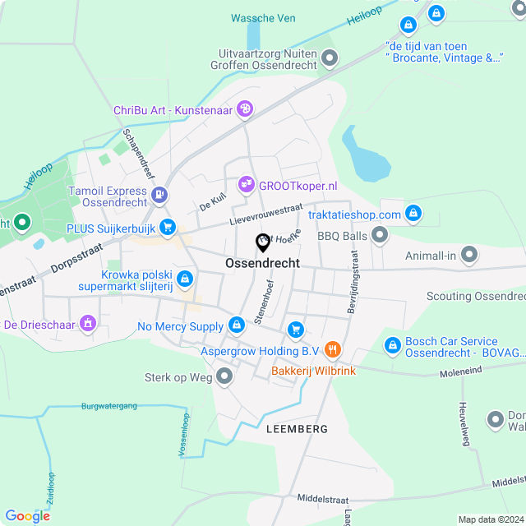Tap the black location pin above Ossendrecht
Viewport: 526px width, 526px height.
pos(263,243)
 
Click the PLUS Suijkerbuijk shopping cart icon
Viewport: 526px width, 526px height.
pos(168,226)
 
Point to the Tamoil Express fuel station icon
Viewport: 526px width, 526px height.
pos(159,195)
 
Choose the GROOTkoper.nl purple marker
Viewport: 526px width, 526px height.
pos(245,186)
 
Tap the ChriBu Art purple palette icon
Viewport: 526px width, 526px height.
pos(244,108)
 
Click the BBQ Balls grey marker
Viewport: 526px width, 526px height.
pos(380,236)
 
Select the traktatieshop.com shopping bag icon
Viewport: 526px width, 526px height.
pos(413,214)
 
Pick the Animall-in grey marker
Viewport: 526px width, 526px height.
pos(468,256)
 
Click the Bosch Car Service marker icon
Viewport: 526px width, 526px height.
pos(392,346)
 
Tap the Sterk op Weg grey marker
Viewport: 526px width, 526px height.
pos(225,377)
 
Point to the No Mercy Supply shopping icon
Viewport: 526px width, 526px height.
pos(237,326)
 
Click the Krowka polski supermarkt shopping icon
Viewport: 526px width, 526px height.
pos(186,279)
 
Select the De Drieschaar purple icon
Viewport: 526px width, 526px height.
pos(85,325)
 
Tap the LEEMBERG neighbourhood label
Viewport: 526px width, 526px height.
pos(297,429)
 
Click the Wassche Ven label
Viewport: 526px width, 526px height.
pos(263,18)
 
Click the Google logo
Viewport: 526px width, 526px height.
pos(27,516)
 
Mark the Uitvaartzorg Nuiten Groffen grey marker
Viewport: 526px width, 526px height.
pos(330,58)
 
